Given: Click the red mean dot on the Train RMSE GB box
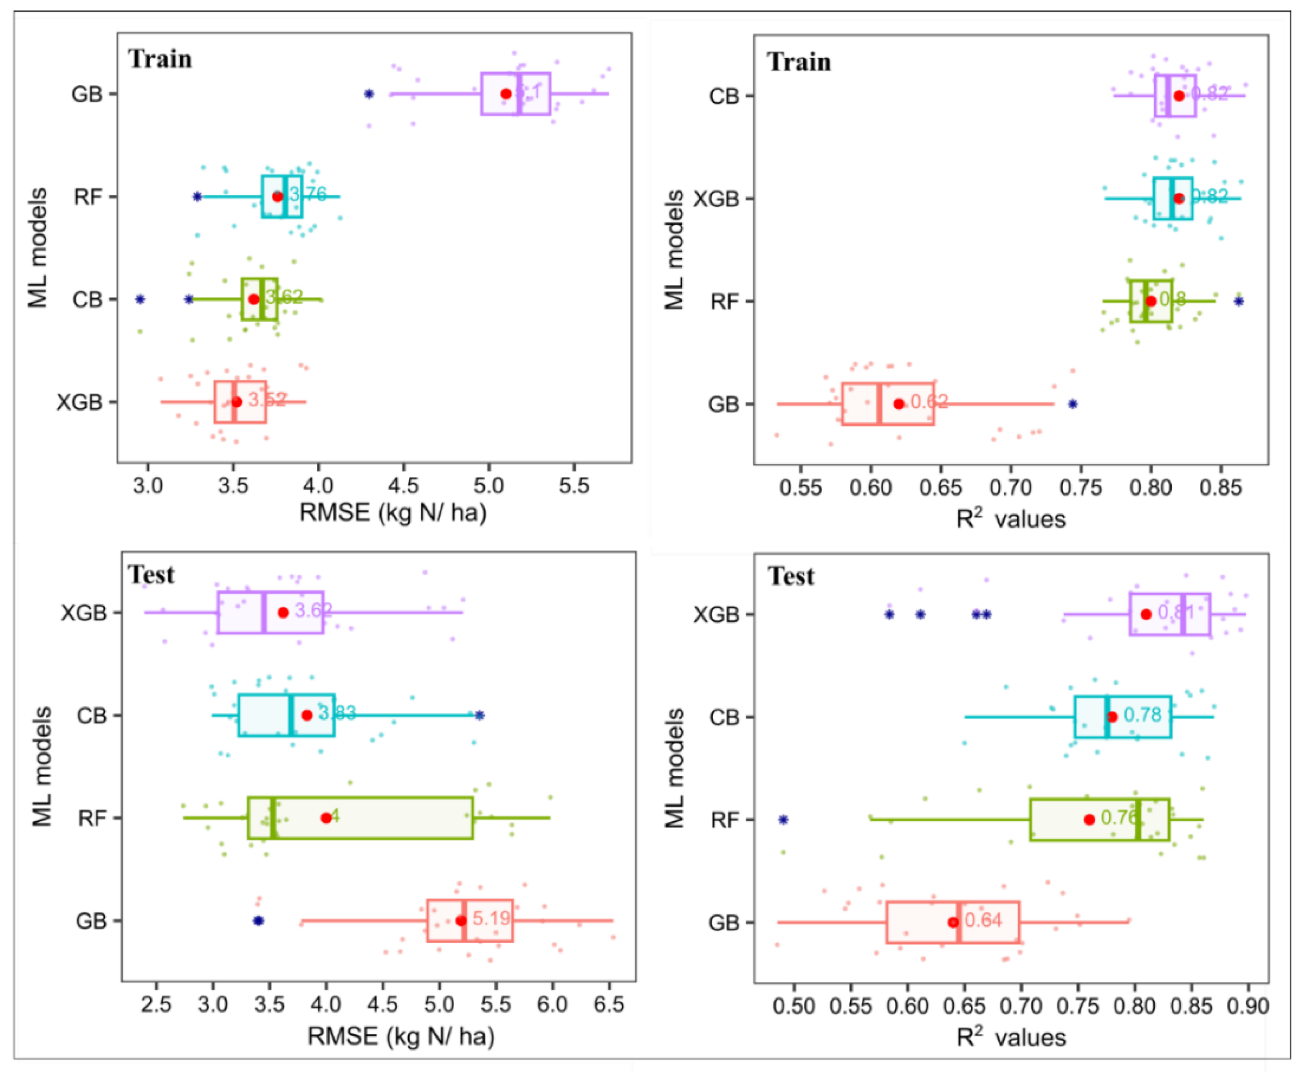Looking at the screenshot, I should click(x=506, y=94).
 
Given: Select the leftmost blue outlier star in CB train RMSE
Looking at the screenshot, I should click(x=140, y=300).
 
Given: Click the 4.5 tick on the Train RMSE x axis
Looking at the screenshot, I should click(x=403, y=486).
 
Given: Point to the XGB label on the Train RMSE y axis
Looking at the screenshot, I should click(x=79, y=403).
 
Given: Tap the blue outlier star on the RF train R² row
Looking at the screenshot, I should click(x=1238, y=301).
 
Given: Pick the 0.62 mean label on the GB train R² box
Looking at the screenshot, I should click(x=929, y=402).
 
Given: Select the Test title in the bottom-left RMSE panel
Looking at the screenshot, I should click(x=151, y=575).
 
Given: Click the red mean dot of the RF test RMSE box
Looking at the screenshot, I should click(x=326, y=818).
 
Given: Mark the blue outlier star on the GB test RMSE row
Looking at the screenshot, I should click(x=258, y=921).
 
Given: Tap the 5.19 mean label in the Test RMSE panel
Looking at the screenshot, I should click(x=492, y=918).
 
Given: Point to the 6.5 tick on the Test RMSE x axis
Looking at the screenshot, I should click(x=609, y=1005).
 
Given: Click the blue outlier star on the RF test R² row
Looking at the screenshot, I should click(x=783, y=820).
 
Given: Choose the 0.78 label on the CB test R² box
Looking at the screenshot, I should click(x=1142, y=715).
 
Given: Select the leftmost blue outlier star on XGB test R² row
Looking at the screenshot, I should click(x=889, y=614).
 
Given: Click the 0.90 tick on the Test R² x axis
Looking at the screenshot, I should click(x=1248, y=1007).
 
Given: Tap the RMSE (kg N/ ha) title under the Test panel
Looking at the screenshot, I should click(x=401, y=1037).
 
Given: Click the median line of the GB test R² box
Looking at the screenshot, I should click(x=959, y=923).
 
